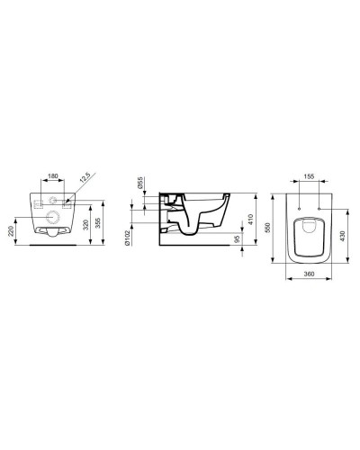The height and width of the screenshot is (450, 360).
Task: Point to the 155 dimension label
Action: coord(308,178)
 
